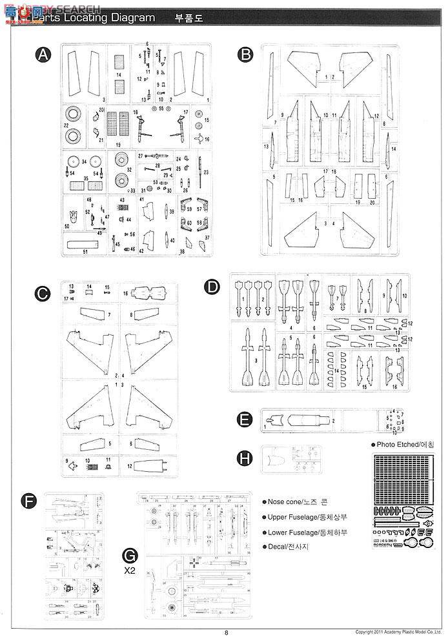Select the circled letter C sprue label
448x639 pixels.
[43, 294]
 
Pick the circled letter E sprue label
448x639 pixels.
[244, 420]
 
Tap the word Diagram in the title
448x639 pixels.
[132, 17]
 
